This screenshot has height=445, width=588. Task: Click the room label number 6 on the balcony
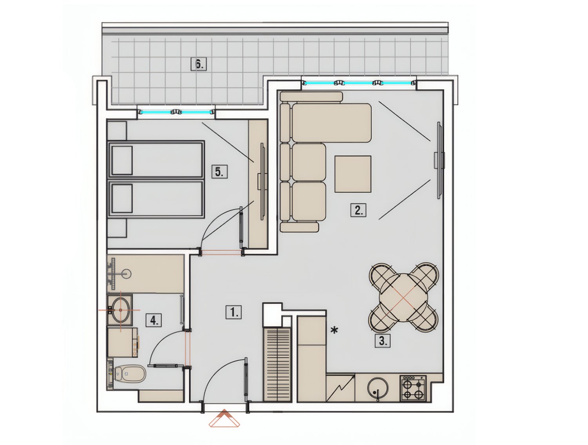pos(198,64)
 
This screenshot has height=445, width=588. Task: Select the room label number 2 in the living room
pos(358,210)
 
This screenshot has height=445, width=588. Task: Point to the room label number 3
pos(383,341)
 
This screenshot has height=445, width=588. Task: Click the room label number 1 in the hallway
pos(234,312)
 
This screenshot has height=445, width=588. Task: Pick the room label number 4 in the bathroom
pos(154,320)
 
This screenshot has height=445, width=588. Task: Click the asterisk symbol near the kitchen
pos(334,331)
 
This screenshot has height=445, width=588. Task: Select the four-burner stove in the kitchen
pos(413,388)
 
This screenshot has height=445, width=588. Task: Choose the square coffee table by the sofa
pos(352,174)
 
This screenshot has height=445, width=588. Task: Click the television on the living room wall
pos(439,160)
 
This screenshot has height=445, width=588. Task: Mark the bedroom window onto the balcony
pos(176,112)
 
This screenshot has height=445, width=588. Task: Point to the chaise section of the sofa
pos(331,123)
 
